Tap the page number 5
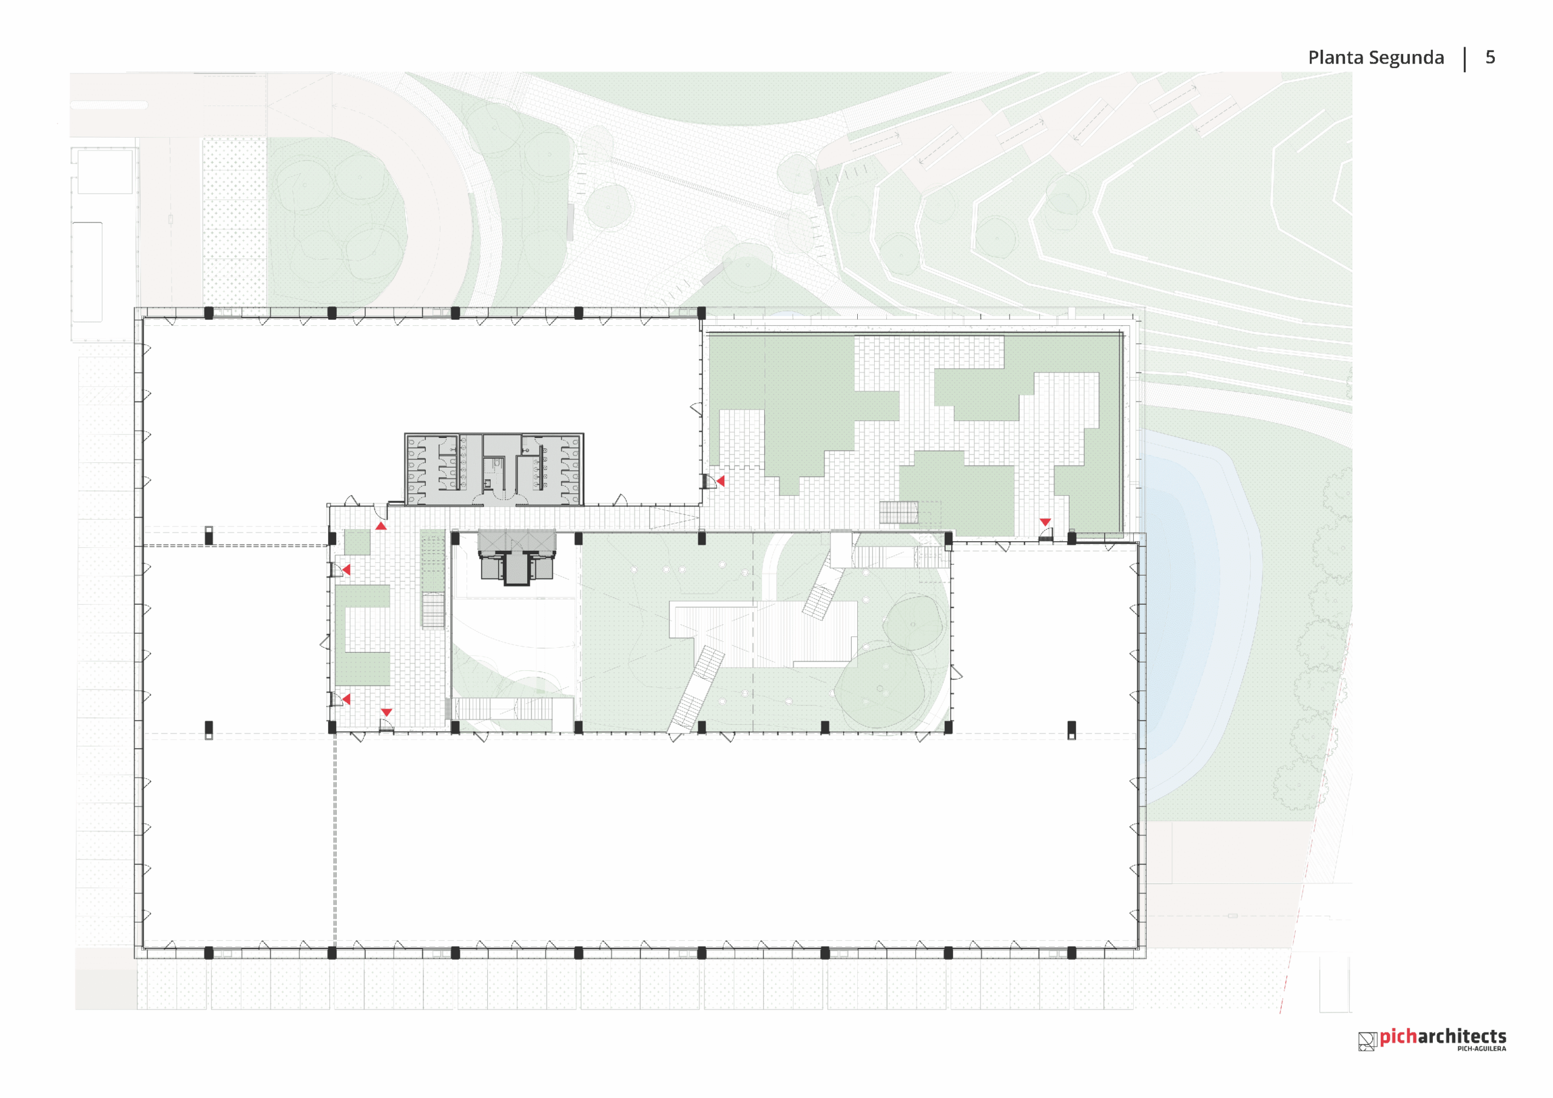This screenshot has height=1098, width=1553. (1490, 57)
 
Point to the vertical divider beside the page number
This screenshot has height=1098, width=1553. (1465, 59)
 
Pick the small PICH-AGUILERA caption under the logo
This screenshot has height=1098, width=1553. (1481, 1049)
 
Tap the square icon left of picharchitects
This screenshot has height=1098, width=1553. (1367, 1041)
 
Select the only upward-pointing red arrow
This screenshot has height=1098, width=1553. (381, 526)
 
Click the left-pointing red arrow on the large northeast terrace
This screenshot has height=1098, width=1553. (720, 481)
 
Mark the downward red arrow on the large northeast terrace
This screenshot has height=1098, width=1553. (1045, 522)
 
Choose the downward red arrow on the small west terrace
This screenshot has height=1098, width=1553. (386, 712)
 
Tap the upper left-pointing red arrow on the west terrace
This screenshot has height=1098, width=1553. (346, 570)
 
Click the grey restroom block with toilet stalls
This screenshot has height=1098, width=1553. (494, 469)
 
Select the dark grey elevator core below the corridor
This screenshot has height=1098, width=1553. (517, 557)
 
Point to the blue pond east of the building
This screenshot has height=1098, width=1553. (1198, 609)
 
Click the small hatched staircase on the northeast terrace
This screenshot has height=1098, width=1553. (898, 512)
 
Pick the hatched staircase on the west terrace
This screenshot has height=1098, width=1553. (433, 611)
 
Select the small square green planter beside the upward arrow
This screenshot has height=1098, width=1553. (357, 542)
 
